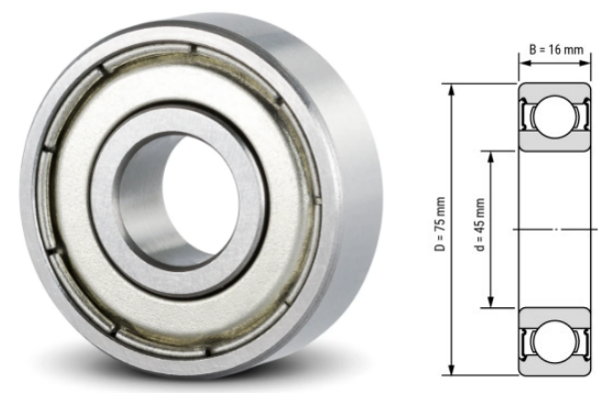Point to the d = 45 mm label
[x=478, y=228]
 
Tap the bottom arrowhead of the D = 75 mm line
[x=453, y=369]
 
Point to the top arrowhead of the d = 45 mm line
[x=491, y=153]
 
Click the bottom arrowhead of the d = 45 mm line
[x=491, y=307]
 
